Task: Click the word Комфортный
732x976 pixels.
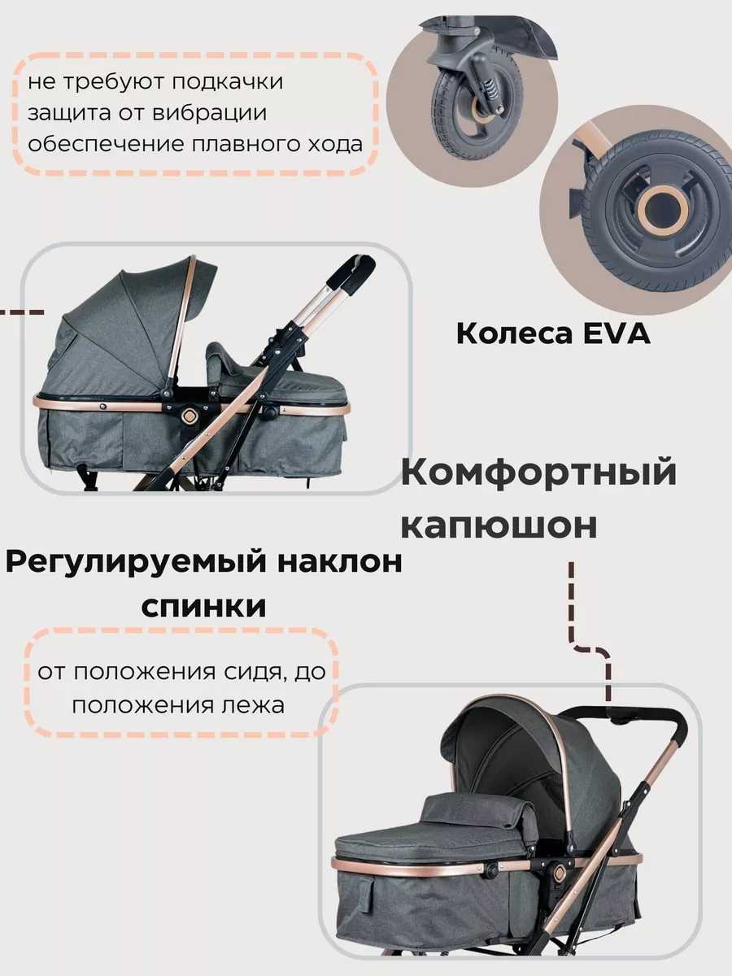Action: tap(538, 473)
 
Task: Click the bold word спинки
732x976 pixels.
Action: tap(203, 607)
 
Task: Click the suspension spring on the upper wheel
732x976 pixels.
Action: tap(490, 89)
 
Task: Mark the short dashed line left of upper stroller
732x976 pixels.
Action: tap(22, 312)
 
